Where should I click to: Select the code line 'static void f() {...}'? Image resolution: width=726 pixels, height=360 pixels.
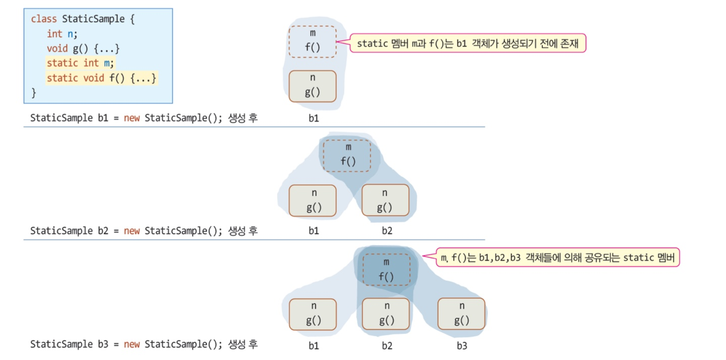click(x=101, y=78)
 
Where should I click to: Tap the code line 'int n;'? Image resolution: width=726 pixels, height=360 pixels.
click(x=62, y=34)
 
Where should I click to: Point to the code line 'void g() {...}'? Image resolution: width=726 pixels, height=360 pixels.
click(x=84, y=48)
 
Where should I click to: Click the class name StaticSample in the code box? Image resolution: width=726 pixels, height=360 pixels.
click(x=93, y=19)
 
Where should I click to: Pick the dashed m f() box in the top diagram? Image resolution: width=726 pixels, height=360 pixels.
click(x=313, y=41)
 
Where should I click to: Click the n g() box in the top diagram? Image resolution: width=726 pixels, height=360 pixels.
click(x=313, y=86)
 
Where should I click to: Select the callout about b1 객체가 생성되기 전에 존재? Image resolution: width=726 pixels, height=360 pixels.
click(x=468, y=44)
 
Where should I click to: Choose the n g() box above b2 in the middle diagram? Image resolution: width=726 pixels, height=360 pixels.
click(x=385, y=200)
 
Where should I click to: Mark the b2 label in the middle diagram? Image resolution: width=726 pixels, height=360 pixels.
click(x=387, y=231)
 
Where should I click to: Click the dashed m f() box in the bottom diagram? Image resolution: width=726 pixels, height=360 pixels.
click(x=386, y=269)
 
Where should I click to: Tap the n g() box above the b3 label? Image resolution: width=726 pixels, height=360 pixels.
click(x=461, y=314)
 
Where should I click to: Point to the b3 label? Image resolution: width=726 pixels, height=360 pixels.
click(x=462, y=346)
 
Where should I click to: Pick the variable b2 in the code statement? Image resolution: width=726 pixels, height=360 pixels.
click(x=102, y=231)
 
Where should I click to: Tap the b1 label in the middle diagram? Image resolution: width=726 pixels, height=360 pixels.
click(x=313, y=231)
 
